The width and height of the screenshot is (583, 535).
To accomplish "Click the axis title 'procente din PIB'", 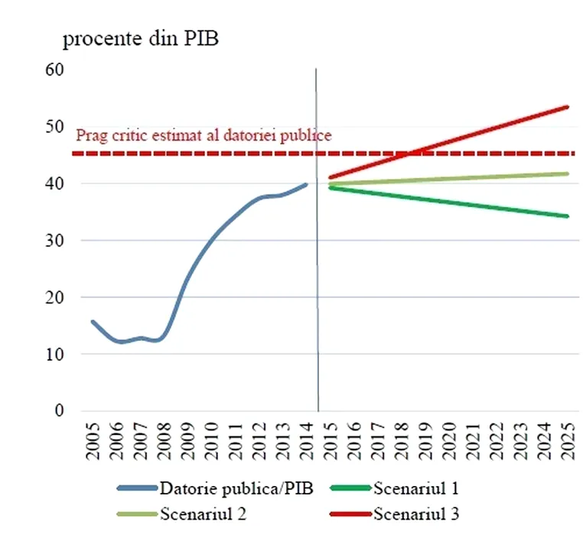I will point(141,40).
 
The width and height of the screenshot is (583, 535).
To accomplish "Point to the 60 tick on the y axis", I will point(55,70).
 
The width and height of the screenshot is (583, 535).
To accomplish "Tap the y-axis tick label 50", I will point(55,127).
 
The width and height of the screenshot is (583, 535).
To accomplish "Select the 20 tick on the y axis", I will point(55,297).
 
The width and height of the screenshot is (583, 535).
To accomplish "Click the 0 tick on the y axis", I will point(59,411).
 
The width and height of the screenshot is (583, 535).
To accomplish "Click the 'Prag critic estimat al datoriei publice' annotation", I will point(204,135).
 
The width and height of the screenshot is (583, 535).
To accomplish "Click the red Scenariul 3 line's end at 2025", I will point(567,107).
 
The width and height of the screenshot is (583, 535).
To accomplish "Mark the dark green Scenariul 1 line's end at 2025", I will point(567,216).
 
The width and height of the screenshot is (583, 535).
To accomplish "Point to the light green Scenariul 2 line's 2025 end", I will point(567,173).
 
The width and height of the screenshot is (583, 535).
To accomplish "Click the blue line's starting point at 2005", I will point(93,322).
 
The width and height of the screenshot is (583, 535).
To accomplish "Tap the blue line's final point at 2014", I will point(306,183).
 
